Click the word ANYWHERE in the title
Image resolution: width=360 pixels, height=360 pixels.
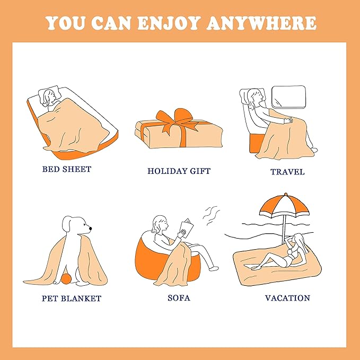tap(262, 23)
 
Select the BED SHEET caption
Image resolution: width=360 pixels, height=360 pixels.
tap(67, 169)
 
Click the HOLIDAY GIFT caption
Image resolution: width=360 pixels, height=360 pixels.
tap(179, 171)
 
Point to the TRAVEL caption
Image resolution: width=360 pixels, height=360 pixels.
tap(287, 172)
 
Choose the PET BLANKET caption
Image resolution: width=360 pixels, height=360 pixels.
tap(72, 298)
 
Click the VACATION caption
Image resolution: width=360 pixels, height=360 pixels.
tap(287, 298)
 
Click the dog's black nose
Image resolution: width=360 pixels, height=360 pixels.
tap(90, 229)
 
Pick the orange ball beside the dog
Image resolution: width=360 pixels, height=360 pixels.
tap(66, 278)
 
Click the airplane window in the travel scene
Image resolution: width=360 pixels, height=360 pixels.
tap(288, 96)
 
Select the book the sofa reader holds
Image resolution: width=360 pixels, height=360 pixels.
tap(187, 228)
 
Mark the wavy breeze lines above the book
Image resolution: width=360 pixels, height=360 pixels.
tap(211, 216)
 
